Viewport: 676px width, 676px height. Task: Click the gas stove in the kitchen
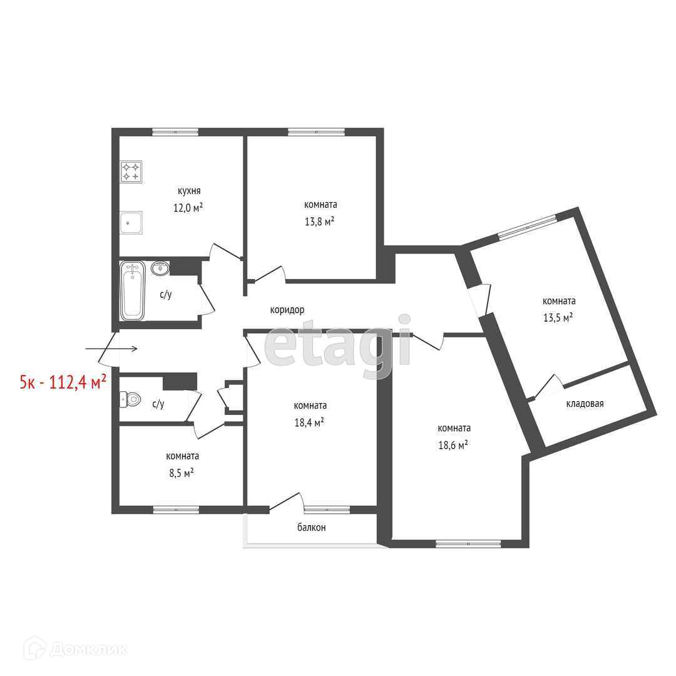131,172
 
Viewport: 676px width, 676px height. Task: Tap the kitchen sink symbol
131,222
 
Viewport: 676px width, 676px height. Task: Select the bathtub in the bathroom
132,290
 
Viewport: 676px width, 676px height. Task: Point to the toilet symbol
130,399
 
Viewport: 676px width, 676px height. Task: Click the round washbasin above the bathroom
160,268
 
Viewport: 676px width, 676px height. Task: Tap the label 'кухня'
189,191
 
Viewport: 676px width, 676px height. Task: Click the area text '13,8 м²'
319,222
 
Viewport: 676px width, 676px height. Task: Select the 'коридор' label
287,310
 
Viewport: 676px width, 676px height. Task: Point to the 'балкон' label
311,527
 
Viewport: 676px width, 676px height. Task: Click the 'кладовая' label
585,404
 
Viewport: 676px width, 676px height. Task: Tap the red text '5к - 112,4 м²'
63,382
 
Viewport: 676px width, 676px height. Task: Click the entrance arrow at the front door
111,349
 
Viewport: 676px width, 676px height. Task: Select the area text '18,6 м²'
453,445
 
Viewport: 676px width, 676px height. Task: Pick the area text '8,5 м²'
182,473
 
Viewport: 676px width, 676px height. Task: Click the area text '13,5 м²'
558,318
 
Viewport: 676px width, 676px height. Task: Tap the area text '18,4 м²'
309,422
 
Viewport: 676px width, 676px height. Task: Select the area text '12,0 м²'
188,208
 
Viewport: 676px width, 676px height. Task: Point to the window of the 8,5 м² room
176,509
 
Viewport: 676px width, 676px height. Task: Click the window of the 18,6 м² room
468,544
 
